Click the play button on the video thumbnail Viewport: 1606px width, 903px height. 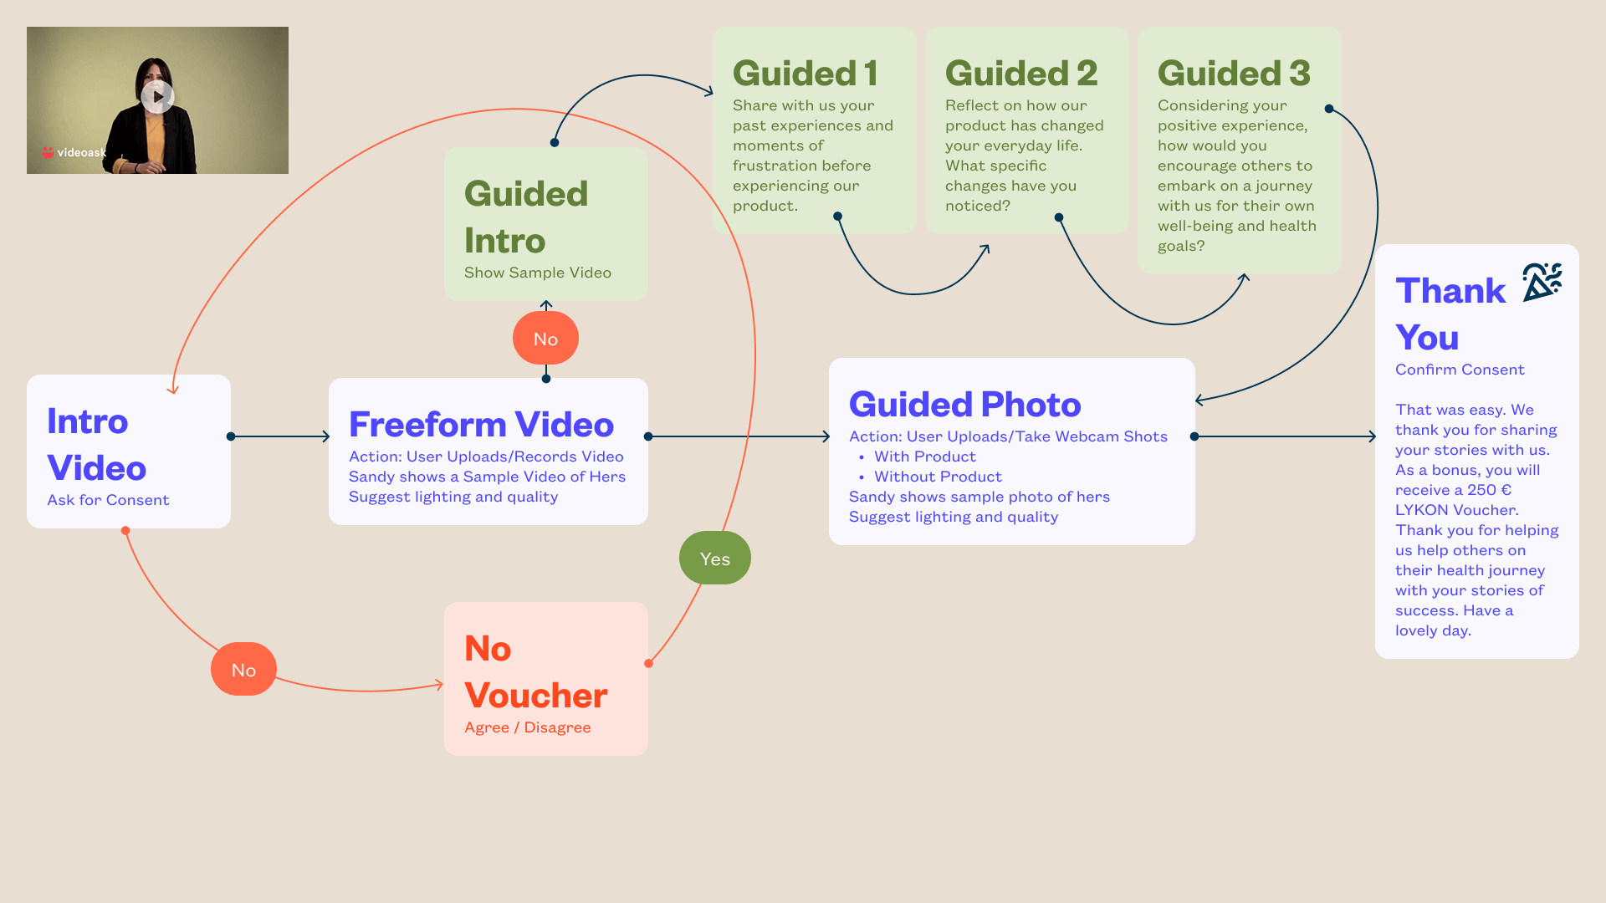157,96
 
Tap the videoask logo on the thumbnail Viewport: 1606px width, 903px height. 74,152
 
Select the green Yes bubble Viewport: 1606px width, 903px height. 715,559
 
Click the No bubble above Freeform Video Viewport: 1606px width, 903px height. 545,339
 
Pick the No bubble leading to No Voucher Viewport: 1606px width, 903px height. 243,670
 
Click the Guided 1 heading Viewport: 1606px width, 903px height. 805,74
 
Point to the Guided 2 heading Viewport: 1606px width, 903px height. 1020,74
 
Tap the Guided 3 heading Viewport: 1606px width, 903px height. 1234,74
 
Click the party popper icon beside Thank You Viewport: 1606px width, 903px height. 1542,282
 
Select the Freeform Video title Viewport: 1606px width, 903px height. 481,425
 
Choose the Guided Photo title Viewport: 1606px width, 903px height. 964,405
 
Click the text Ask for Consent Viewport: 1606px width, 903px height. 108,500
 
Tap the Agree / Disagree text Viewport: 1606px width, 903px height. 527,727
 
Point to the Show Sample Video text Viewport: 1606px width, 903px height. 537,273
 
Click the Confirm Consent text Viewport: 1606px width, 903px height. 1460,370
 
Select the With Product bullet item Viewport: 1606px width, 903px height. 924,457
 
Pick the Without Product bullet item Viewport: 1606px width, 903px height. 937,477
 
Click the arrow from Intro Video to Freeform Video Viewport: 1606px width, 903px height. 280,436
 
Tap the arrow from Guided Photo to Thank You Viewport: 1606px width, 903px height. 1285,436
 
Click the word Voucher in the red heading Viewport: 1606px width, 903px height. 535,696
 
